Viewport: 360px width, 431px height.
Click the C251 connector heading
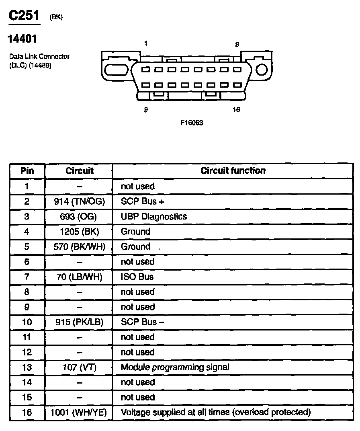25,16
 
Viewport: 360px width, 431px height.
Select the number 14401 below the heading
22,39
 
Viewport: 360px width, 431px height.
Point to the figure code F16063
192,123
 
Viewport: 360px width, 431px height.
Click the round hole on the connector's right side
262,70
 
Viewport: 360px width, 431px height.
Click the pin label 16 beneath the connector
236,110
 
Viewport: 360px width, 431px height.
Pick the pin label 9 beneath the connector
145,110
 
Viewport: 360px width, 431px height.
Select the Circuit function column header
233,170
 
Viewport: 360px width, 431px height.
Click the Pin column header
27,170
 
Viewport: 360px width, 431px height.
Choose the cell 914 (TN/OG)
79,201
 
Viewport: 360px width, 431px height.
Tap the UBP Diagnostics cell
154,216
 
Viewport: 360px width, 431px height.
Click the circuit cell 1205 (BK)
79,232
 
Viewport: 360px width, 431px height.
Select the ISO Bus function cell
137,277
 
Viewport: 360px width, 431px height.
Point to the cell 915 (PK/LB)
79,322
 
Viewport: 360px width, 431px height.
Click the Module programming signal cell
175,367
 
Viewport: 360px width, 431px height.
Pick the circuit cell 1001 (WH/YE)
79,412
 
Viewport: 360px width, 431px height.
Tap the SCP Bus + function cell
143,201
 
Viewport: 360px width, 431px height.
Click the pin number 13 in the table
27,367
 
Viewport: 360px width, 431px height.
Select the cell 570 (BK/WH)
79,246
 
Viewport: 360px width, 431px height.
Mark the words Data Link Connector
39,57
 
